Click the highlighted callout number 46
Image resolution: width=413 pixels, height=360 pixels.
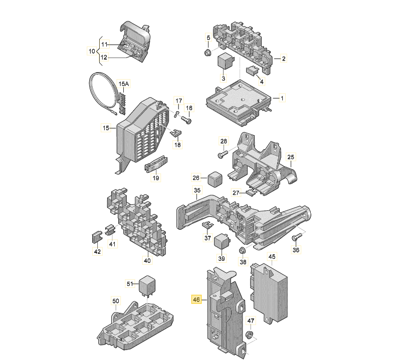click(196, 299)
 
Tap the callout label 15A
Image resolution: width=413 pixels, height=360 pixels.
click(123, 84)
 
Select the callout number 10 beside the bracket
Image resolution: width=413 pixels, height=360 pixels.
click(92, 51)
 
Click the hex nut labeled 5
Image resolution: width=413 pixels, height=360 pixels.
click(208, 53)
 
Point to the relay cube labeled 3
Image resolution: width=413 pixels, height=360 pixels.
click(224, 61)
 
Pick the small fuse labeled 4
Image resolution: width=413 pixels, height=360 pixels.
click(251, 71)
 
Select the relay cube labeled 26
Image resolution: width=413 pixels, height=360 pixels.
click(215, 179)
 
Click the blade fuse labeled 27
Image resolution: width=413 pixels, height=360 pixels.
click(251, 192)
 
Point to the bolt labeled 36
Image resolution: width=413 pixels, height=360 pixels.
click(296, 237)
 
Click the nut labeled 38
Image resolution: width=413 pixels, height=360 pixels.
click(242, 250)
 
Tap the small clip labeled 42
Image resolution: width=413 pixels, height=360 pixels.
click(97, 237)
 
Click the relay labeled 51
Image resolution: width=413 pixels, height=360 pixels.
click(147, 286)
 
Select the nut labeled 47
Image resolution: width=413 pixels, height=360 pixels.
click(249, 335)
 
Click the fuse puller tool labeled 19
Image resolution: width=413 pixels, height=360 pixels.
click(156, 164)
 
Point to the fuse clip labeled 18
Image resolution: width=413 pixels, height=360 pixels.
click(176, 133)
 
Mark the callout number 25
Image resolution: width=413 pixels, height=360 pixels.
click(291, 157)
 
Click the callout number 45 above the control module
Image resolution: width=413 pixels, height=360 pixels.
click(272, 256)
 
